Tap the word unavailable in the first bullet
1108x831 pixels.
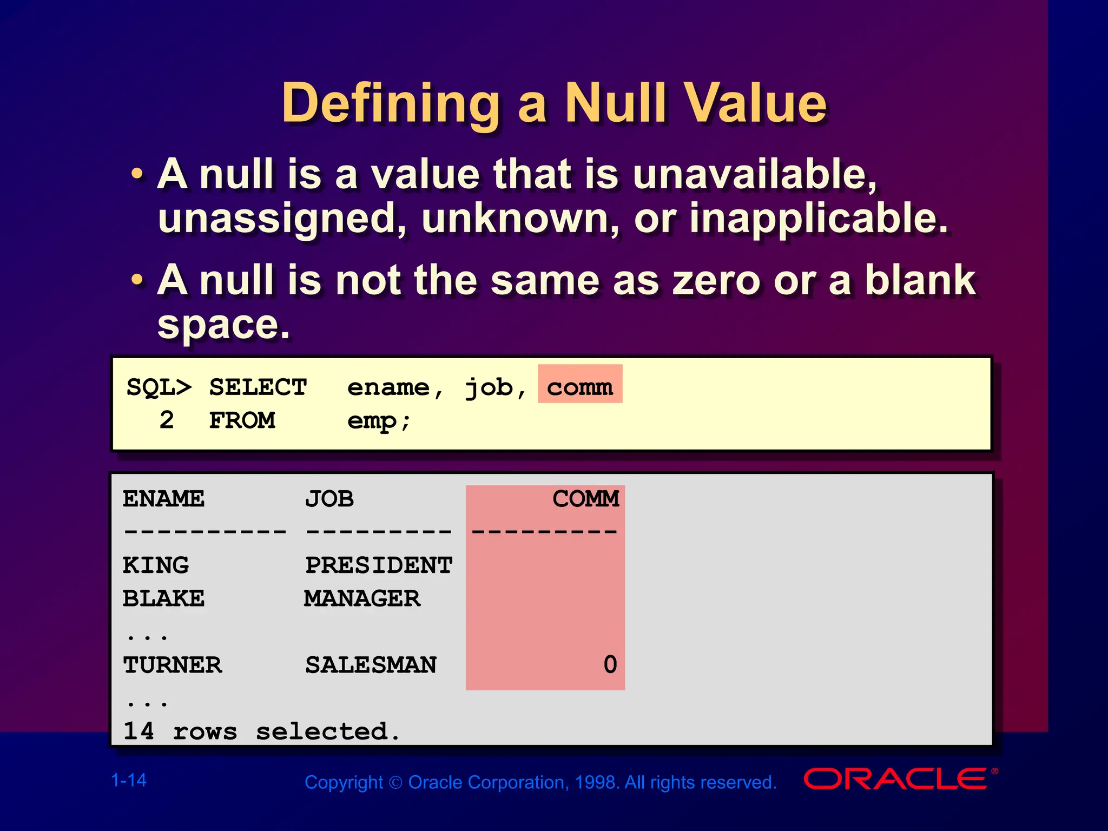pyautogui.click(x=754, y=174)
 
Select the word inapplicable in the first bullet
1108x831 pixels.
pyautogui.click(x=819, y=218)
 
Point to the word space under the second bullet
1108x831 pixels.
pyautogui.click(x=223, y=325)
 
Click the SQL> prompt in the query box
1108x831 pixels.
pyautogui.click(x=159, y=387)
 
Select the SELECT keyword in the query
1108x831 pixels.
pyautogui.click(x=258, y=387)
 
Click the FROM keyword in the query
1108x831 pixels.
pyautogui.click(x=242, y=420)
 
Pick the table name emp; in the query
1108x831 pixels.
pyautogui.click(x=379, y=420)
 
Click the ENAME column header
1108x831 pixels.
pyautogui.click(x=163, y=499)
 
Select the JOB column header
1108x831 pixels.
pyautogui.click(x=329, y=499)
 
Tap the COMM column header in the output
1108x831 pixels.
pyautogui.click(x=585, y=499)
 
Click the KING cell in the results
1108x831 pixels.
pyautogui.click(x=156, y=565)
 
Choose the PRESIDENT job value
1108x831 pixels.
pyautogui.click(x=379, y=565)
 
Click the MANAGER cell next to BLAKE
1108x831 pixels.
pyautogui.click(x=362, y=599)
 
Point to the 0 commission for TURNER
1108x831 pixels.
pyautogui.click(x=610, y=665)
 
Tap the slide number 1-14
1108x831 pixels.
pyautogui.click(x=129, y=780)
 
